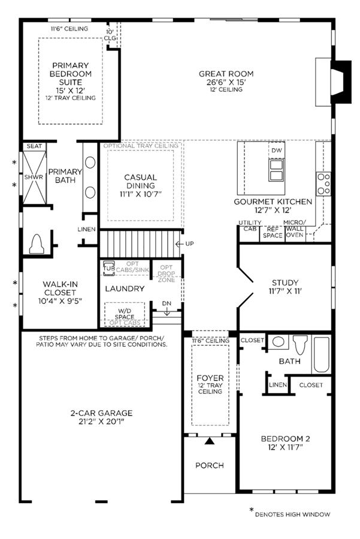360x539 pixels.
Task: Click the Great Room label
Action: click(x=226, y=74)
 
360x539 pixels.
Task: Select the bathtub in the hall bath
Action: click(x=321, y=355)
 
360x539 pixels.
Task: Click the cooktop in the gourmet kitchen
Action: click(x=323, y=184)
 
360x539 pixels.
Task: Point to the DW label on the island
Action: click(x=277, y=150)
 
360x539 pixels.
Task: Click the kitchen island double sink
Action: click(x=277, y=170)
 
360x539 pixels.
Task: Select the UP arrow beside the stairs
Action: click(x=180, y=244)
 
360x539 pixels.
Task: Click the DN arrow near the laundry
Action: click(x=167, y=312)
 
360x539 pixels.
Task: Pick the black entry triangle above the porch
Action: click(x=210, y=441)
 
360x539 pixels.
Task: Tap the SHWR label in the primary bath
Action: click(x=34, y=177)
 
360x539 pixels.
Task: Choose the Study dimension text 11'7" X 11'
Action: click(x=285, y=291)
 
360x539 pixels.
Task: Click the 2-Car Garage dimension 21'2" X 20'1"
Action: click(x=101, y=421)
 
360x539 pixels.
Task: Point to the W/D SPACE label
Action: click(x=125, y=314)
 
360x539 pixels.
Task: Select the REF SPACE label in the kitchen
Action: click(x=273, y=233)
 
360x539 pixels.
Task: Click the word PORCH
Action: click(x=210, y=465)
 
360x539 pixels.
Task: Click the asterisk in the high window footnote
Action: click(x=252, y=510)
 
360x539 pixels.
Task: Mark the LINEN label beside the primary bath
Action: click(x=87, y=229)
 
